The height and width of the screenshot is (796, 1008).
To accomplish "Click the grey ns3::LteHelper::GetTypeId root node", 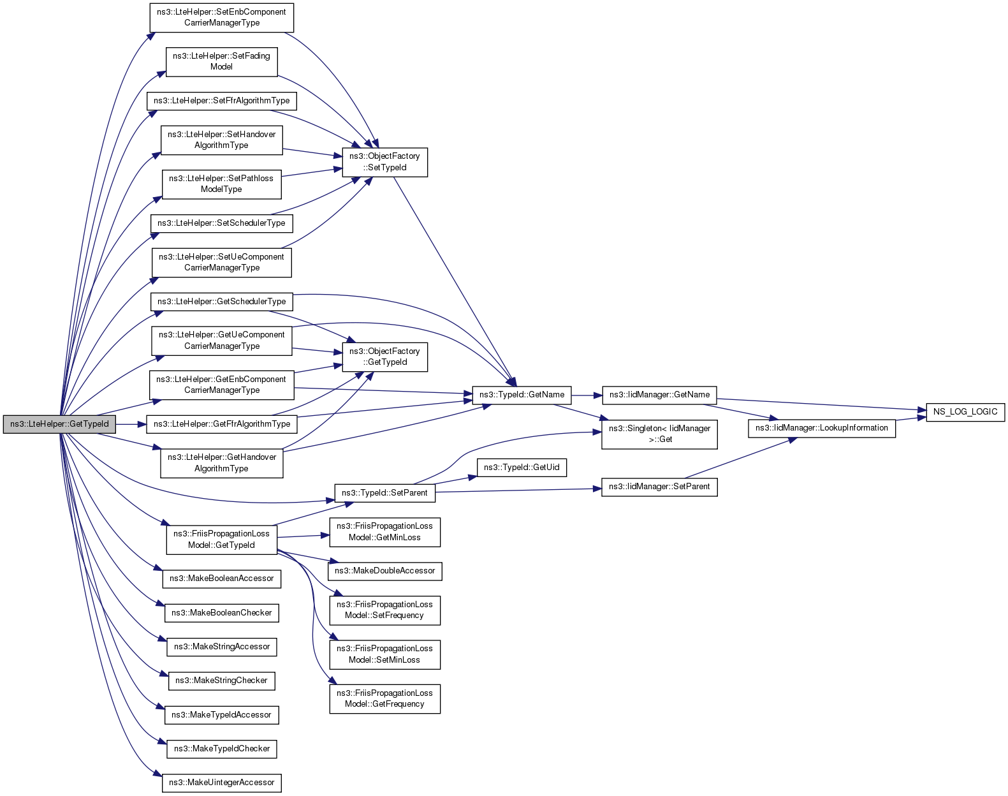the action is point(59,424).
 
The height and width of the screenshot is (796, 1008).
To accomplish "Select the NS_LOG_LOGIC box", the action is point(965,412).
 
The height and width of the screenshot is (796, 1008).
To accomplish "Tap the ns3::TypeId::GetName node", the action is point(522,395).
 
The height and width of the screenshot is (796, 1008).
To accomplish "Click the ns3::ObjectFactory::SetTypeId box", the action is point(384,162).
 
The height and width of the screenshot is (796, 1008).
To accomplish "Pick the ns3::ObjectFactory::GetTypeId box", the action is point(384,357).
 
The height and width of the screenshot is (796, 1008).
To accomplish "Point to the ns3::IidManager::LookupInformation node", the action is point(822,428).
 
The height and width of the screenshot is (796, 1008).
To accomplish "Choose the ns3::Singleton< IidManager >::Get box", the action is point(659,434).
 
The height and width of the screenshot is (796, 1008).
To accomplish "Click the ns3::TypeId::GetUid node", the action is point(522,468).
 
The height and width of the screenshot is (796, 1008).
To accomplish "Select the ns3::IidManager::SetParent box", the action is point(659,487).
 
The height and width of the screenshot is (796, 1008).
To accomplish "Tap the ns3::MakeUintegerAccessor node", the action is point(221,783).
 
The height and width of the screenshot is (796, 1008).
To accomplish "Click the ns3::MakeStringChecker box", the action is point(221,681).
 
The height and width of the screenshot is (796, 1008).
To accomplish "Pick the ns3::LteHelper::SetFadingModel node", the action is point(221,61).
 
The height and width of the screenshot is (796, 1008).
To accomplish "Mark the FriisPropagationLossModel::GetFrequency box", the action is point(384,699).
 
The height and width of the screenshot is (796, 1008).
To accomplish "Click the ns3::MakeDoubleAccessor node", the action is point(384,571).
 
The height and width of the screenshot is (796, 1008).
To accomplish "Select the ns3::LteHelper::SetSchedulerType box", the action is point(221,223).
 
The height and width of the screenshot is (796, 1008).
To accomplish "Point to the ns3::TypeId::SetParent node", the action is point(384,493).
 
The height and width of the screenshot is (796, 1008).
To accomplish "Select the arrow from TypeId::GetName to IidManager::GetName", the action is point(587,395).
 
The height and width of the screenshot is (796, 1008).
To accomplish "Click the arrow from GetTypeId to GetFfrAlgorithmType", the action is point(131,424).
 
